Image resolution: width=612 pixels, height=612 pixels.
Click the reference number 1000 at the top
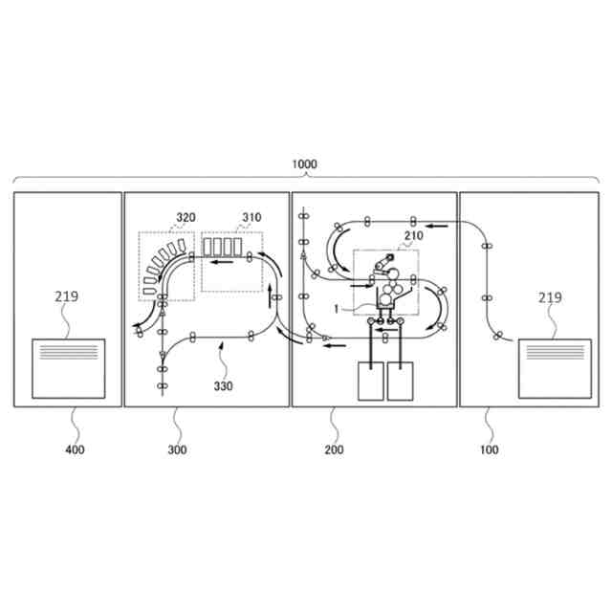click(x=304, y=164)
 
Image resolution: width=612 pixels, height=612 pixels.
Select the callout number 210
click(x=413, y=235)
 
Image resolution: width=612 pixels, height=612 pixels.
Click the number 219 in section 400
click(x=66, y=296)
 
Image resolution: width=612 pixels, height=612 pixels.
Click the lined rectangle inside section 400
click(x=69, y=367)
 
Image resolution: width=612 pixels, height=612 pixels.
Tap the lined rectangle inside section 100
click(x=555, y=367)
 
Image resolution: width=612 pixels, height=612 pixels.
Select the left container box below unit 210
click(x=369, y=382)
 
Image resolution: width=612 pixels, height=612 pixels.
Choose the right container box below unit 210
click(x=401, y=382)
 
